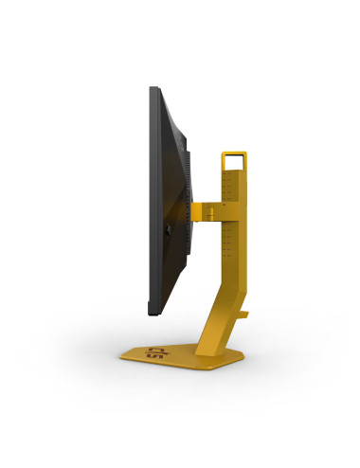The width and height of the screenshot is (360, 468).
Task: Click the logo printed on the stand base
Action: [x=153, y=357]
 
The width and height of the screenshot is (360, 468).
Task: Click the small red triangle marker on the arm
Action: [x=221, y=201]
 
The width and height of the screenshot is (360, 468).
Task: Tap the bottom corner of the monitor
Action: [x=153, y=309]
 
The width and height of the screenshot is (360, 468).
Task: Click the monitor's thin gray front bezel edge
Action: [x=151, y=199]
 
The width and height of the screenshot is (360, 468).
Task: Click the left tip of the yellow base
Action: [x=121, y=357]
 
